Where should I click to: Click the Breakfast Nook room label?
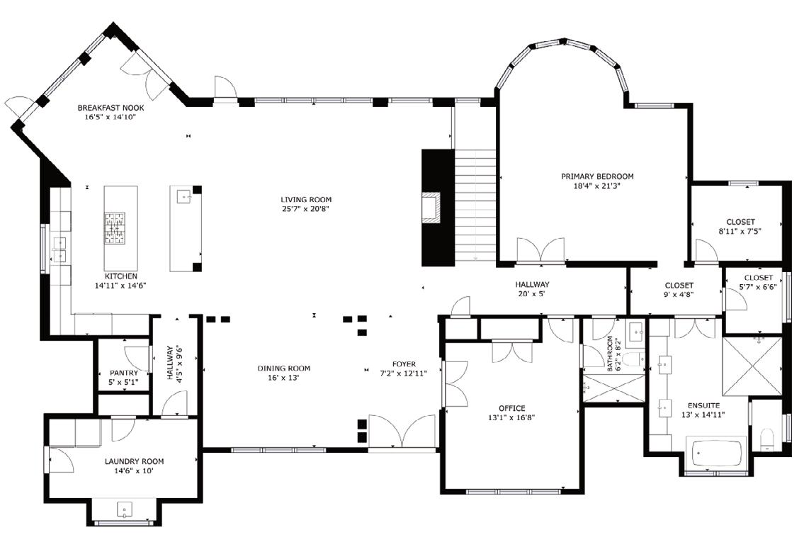(111, 108)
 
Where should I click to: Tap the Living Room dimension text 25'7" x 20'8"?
(305, 209)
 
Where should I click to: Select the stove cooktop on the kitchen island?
(115, 227)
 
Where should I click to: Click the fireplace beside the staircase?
(431, 207)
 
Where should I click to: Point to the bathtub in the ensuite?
(716, 453)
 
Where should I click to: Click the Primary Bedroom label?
(597, 176)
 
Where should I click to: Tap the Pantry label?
(123, 373)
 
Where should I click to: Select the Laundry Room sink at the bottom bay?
(125, 509)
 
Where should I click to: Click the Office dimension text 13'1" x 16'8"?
(511, 417)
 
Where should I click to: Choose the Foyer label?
(404, 364)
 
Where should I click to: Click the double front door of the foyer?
(402, 432)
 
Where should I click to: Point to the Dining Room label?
(283, 368)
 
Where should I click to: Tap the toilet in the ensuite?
(766, 439)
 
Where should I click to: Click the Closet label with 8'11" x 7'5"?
(740, 222)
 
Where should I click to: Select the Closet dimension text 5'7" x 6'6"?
(758, 287)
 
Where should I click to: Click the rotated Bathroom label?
(610, 354)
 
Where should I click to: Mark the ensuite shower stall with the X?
(752, 366)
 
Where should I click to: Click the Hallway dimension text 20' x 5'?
(532, 294)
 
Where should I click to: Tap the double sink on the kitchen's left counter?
(60, 249)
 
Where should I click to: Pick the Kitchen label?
(121, 276)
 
